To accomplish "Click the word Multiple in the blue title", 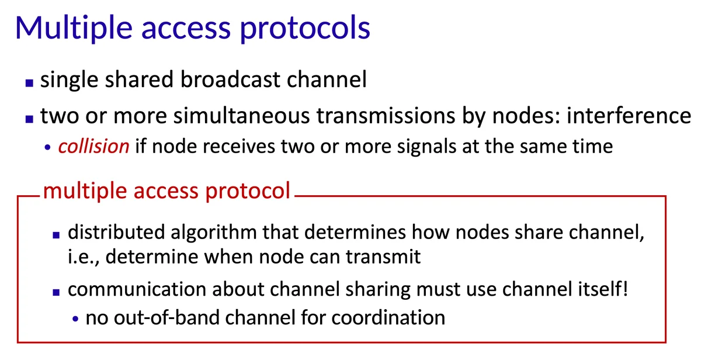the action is tap(74, 27).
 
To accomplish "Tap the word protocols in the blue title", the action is tap(305, 28).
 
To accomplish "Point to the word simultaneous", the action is tap(241, 116).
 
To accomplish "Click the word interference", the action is tap(629, 116).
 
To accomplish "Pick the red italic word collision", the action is tap(93, 147).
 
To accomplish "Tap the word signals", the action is tap(426, 147).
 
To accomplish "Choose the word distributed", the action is tap(116, 232).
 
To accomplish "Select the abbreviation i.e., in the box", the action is tap(84, 257).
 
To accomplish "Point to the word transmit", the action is tap(383, 257).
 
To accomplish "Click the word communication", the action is tap(137, 289).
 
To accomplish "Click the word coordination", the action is tap(388, 317).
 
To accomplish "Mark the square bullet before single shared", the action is tap(29, 83).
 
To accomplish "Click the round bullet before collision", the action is tap(47, 147).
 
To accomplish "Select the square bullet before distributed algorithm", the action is tap(56, 235).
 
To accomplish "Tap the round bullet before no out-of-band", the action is tap(75, 319).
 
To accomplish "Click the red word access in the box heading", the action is tap(166, 191).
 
